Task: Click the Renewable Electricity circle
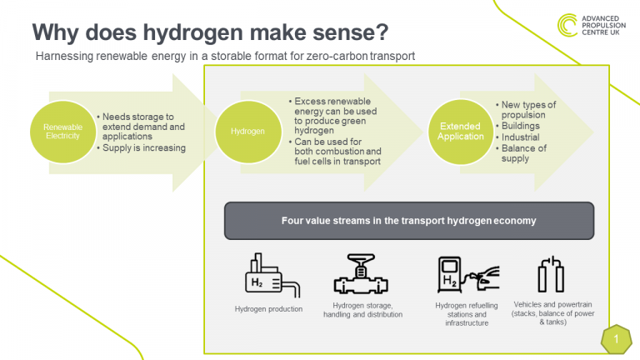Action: [62, 132]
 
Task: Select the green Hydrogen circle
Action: [248, 132]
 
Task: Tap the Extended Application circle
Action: [460, 132]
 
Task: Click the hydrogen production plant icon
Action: [272, 275]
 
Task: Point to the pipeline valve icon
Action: [361, 274]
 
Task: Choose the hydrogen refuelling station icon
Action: [468, 275]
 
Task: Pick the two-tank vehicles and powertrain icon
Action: [551, 274]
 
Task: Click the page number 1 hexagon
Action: [617, 339]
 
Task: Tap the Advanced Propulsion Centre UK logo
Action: [592, 25]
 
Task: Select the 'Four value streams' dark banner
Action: [409, 221]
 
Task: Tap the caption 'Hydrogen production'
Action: [268, 309]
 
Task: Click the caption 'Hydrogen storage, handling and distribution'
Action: [362, 310]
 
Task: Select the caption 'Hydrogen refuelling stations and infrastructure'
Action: [467, 314]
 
